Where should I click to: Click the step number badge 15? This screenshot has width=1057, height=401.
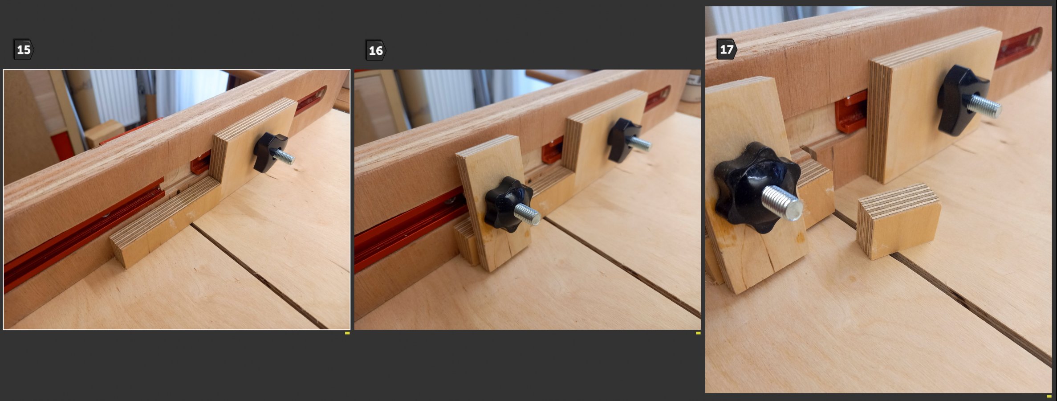[x=24, y=49]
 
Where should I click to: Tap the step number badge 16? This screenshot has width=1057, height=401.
[x=375, y=50]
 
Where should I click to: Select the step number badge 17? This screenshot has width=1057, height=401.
[x=726, y=49]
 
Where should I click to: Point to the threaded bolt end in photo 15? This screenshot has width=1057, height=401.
[x=284, y=156]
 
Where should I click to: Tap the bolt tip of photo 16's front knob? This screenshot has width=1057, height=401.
[x=528, y=214]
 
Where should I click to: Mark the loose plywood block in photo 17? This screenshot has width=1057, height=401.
[x=898, y=221]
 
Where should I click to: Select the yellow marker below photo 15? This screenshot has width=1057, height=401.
[x=347, y=333]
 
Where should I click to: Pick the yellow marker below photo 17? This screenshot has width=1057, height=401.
[x=1049, y=396]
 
